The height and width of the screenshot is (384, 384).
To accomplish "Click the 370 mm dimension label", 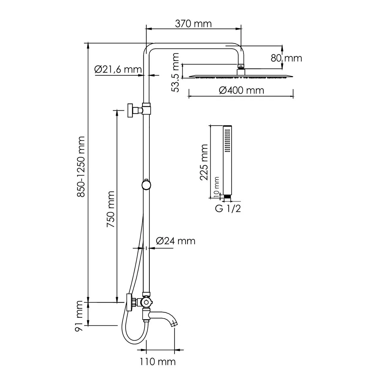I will [193, 24].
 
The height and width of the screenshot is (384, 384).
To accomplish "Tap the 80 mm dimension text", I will [286, 58].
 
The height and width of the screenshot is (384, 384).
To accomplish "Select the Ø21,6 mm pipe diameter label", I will [118, 70].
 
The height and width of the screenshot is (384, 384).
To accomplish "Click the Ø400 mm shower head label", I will [241, 90].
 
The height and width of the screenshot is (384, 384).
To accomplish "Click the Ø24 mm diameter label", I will [175, 241].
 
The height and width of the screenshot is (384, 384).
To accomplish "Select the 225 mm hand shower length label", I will [204, 162].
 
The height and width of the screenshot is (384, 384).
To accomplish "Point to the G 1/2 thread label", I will [228, 209].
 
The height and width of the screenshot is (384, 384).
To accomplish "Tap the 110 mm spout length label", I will [157, 362].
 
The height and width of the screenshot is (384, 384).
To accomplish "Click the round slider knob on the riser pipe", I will [146, 184].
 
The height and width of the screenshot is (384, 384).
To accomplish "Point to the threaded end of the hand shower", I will [227, 197].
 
